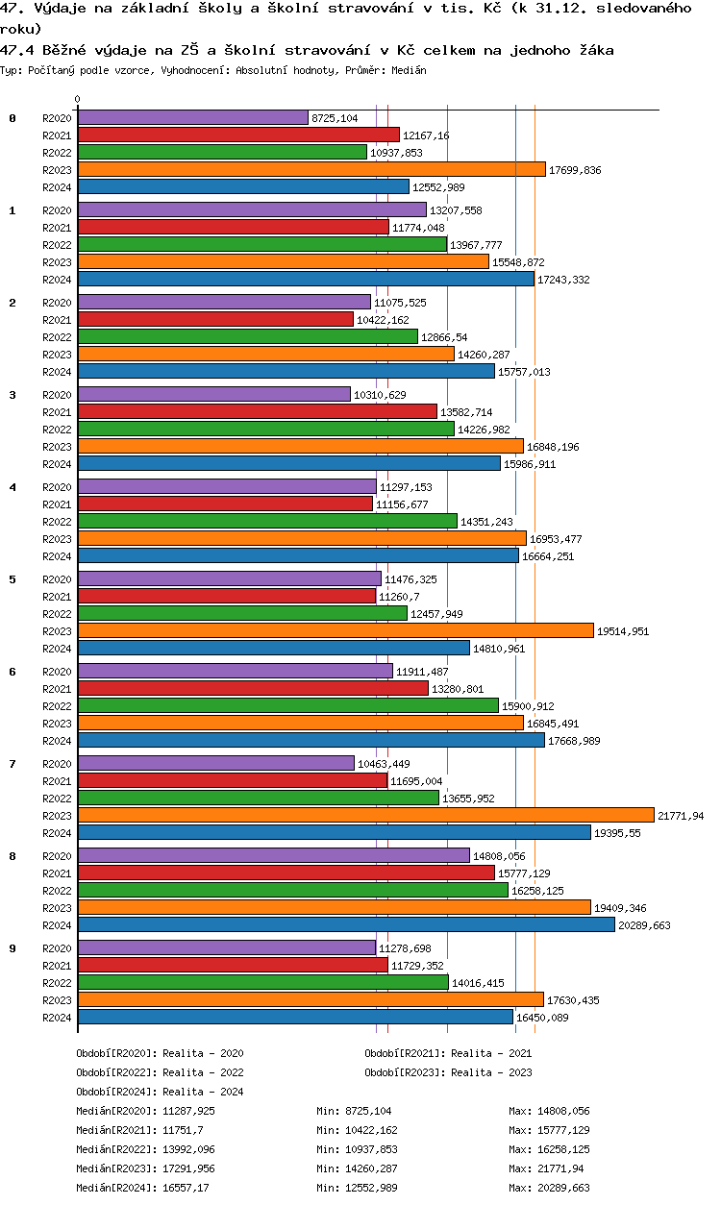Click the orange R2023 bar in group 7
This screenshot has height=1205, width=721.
click(365, 815)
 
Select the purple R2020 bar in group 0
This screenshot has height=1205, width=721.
click(192, 117)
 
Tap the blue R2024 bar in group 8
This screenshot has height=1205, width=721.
click(346, 924)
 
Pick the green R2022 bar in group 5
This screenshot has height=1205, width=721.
click(242, 613)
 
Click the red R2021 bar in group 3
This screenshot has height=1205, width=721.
click(257, 411)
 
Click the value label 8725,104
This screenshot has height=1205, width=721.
click(336, 118)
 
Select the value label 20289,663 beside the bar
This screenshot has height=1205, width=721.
click(645, 925)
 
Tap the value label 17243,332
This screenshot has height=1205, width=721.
click(563, 280)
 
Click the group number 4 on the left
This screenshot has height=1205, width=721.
click(12, 487)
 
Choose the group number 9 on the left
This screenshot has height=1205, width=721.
click(12, 948)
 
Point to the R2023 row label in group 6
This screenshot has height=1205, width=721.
click(57, 724)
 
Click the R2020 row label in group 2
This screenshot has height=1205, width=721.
click(57, 303)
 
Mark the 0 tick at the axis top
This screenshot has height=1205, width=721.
click(77, 99)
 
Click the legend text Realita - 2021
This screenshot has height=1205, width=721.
click(491, 1053)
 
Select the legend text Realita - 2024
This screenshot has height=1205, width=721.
click(203, 1092)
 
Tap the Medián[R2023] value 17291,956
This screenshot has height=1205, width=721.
click(189, 1168)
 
